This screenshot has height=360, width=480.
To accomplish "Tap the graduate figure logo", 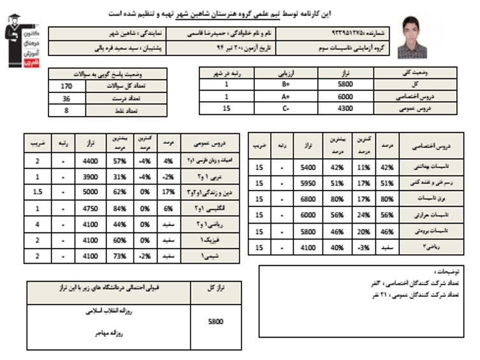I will (x=20, y=40).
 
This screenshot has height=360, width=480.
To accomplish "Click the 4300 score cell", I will (x=344, y=108).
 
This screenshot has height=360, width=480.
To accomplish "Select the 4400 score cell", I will (x=90, y=161).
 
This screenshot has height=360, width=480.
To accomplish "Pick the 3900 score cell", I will (x=90, y=176).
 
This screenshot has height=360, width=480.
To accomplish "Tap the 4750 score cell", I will (x=90, y=208).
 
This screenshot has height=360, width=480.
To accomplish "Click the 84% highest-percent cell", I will (x=118, y=208).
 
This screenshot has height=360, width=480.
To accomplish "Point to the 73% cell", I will (x=118, y=255).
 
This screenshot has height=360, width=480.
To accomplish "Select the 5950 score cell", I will (x=309, y=183).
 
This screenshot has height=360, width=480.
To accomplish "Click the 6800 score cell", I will (x=309, y=199).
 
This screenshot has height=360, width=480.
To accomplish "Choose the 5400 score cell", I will (x=309, y=167).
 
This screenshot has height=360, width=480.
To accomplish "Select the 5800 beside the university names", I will (x=216, y=322).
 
